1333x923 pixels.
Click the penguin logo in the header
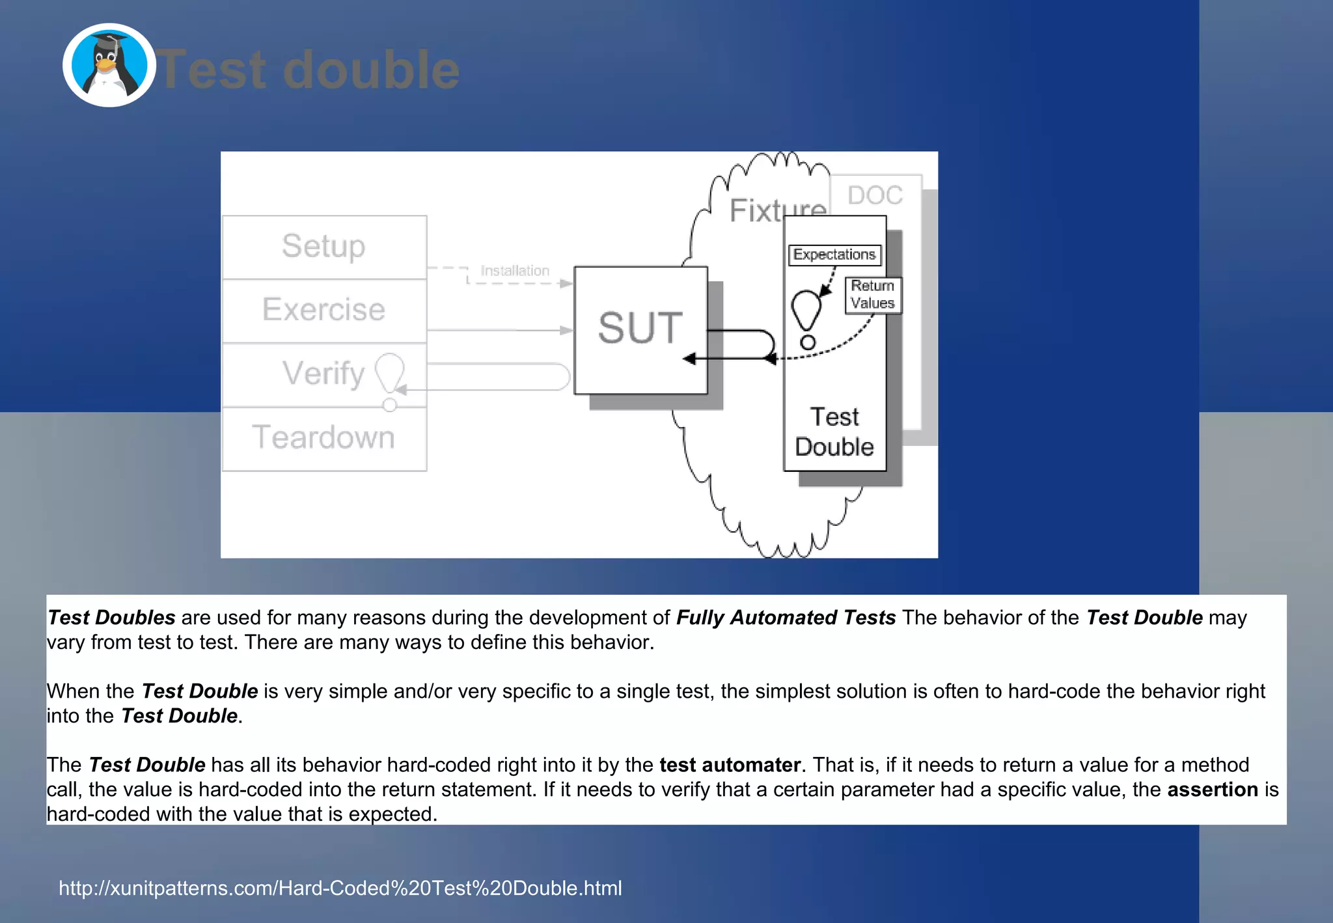tap(109, 65)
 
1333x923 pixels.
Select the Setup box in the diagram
tap(324, 247)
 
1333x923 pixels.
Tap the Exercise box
tap(324, 310)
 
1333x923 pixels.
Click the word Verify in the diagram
tap(323, 374)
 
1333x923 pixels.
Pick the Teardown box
tap(324, 437)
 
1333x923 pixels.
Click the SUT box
tap(640, 329)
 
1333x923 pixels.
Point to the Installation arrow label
tap(515, 271)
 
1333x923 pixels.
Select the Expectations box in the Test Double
tap(834, 255)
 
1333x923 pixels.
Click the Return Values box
tap(873, 295)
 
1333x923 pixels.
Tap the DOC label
tap(875, 195)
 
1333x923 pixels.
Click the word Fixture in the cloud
tap(777, 211)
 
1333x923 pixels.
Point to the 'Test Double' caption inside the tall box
tap(834, 432)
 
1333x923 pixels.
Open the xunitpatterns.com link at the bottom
tap(340, 888)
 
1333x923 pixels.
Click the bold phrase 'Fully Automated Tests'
tap(786, 617)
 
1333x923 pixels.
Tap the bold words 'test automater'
tap(730, 764)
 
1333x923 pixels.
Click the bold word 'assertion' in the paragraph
tap(1213, 789)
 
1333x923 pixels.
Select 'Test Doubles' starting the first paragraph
tap(112, 617)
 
